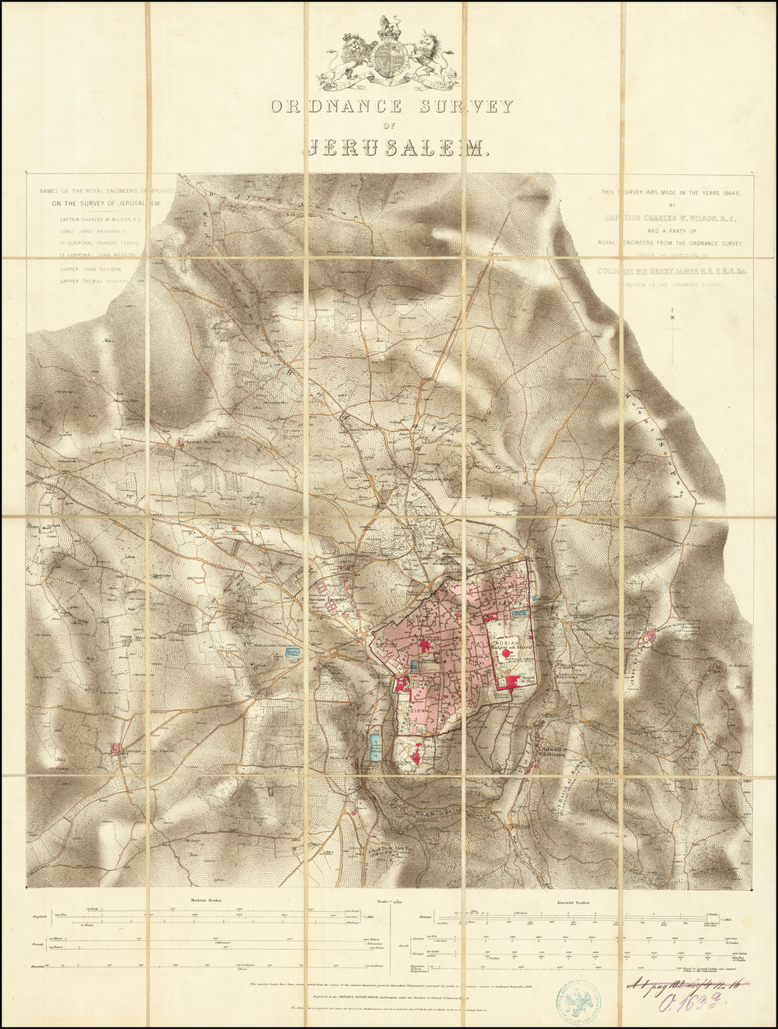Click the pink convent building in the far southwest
116,749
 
